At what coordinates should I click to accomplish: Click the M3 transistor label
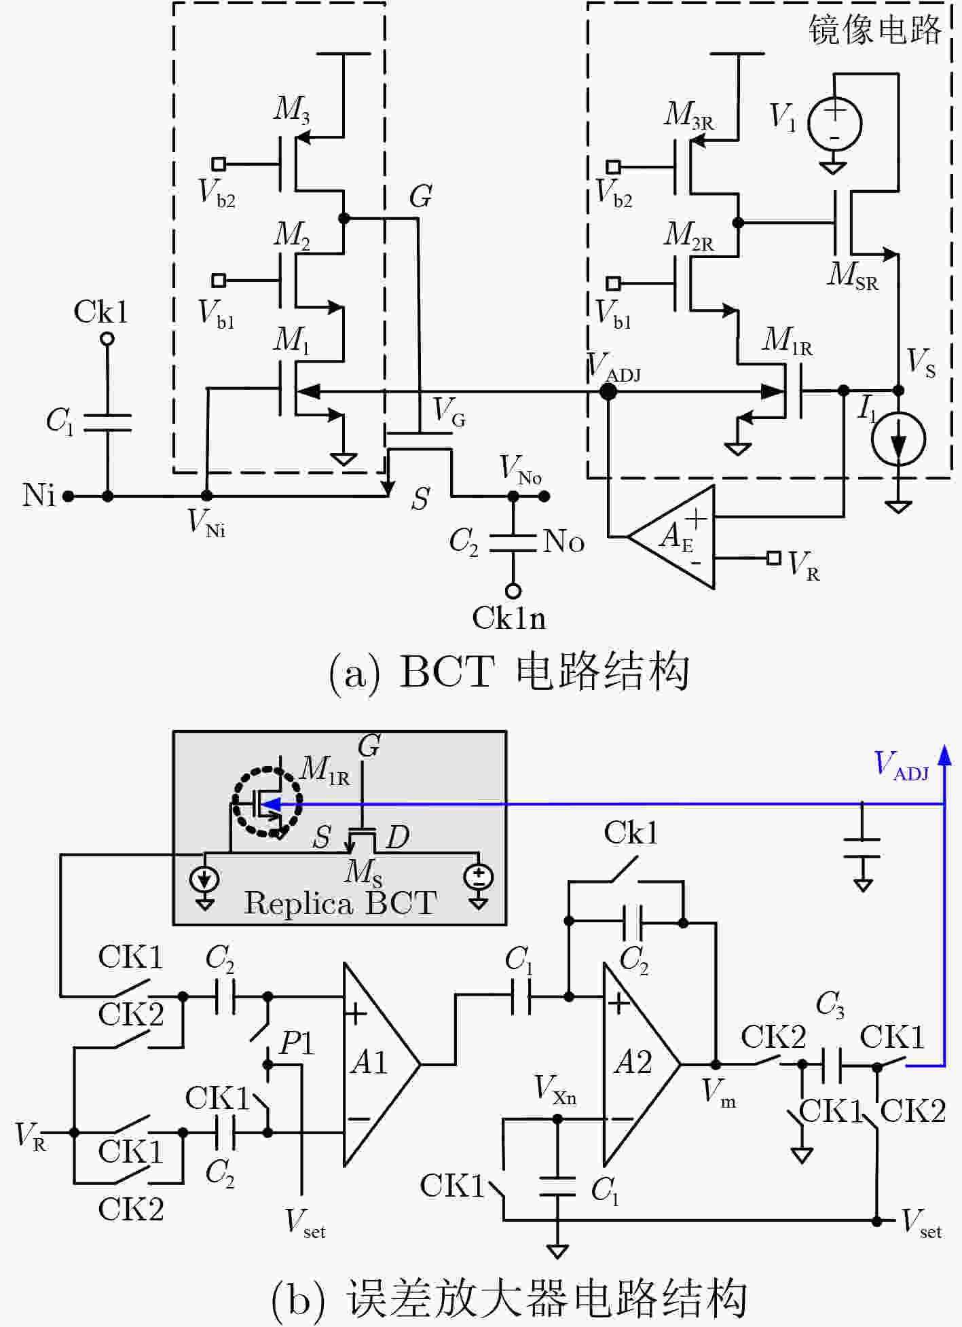[292, 109]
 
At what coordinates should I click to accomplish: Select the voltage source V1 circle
[834, 124]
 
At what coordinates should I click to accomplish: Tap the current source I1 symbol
[898, 439]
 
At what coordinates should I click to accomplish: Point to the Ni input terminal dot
[68, 496]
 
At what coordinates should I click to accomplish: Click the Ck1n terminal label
[508, 619]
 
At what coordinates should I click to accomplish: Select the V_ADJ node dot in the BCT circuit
[608, 391]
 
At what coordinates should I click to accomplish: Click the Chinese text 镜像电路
[874, 30]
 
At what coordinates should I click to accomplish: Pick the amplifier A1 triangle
[381, 1064]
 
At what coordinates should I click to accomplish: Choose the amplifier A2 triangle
[641, 1064]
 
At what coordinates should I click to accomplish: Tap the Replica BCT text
[340, 903]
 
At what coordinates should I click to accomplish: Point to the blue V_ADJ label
[901, 766]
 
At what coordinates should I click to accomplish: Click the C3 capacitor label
[830, 1004]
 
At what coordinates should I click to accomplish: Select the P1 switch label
[297, 1042]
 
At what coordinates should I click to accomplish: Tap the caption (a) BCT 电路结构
[509, 672]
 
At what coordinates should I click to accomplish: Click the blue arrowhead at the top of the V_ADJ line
[944, 755]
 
